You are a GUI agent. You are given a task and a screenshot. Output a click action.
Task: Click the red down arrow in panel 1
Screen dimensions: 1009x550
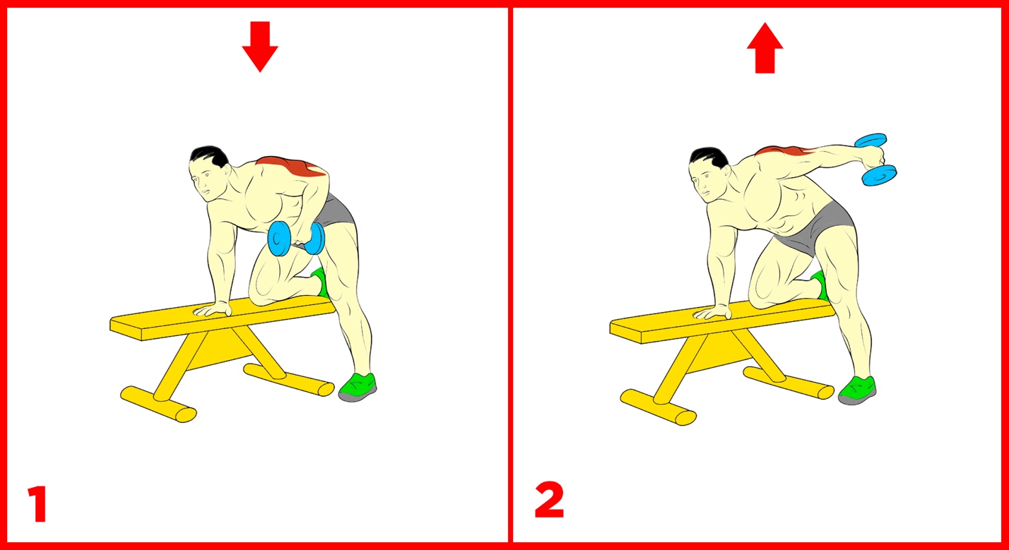coord(260,47)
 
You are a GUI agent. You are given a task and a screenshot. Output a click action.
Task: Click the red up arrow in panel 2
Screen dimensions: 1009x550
coord(765,48)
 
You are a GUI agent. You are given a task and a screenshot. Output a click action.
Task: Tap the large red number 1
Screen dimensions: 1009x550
coord(38,503)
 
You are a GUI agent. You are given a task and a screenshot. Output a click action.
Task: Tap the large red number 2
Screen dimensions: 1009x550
coord(549,500)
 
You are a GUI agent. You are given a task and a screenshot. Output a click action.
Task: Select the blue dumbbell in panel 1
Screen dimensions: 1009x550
coord(296,239)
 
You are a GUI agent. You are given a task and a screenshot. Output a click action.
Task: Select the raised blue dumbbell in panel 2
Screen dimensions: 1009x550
coord(876,160)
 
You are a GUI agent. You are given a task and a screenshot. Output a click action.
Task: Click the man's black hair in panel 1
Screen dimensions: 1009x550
coord(209,156)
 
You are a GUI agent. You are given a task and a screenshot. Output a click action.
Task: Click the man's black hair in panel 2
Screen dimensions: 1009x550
coord(709,157)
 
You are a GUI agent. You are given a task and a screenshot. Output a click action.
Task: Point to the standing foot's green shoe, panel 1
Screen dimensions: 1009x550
coord(358,387)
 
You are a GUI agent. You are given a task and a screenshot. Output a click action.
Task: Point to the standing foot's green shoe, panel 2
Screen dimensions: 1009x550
coord(857,390)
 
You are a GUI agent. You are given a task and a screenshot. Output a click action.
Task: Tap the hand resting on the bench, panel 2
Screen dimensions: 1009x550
coord(712,312)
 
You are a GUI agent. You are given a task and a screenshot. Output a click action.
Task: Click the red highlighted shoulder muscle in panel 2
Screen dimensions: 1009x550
coord(786,151)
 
